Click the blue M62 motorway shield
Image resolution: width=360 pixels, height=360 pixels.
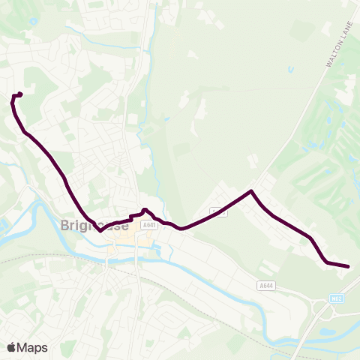pyautogui.click(x=337, y=298)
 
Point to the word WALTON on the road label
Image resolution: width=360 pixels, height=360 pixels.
pyautogui.click(x=331, y=59)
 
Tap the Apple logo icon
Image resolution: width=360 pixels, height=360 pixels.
pyautogui.click(x=11, y=347)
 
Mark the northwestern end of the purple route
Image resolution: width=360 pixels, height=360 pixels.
pyautogui.click(x=19, y=94)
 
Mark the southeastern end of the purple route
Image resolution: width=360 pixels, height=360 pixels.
pyautogui.click(x=349, y=266)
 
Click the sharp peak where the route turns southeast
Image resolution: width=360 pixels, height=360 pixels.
pyautogui.click(x=251, y=191)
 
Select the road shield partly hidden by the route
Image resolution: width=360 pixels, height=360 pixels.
pyautogui.click(x=217, y=211)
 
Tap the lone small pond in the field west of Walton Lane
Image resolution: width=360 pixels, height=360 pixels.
pyautogui.click(x=290, y=70)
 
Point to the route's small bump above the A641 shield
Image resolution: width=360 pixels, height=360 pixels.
pyautogui.click(x=145, y=210)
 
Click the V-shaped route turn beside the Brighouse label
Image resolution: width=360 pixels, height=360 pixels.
pyautogui.click(x=100, y=230)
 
